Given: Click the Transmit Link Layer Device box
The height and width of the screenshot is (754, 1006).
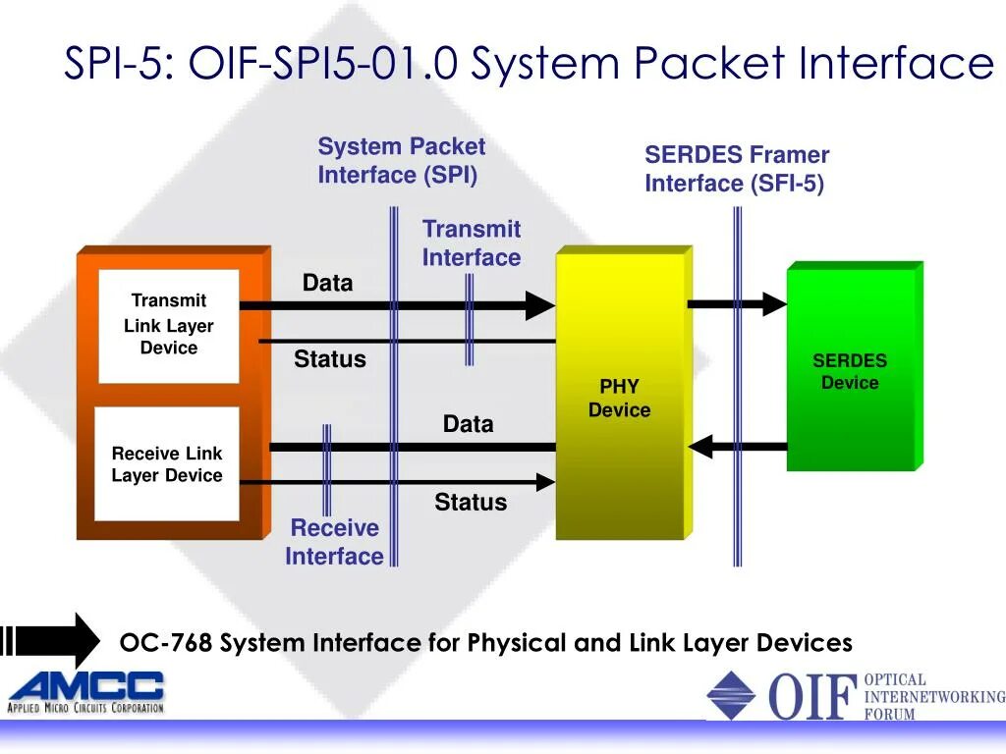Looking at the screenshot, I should (x=169, y=325).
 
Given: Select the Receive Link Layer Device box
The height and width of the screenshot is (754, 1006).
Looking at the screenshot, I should (x=167, y=464).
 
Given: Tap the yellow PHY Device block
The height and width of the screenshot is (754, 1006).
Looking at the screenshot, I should (x=620, y=397).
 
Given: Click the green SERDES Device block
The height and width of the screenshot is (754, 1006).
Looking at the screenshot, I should (x=851, y=370).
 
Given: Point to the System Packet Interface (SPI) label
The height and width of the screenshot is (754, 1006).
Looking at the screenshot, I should (x=401, y=161).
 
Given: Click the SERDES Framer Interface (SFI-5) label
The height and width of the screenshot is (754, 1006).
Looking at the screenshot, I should (x=736, y=169).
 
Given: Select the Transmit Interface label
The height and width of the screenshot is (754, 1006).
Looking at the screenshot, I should (x=472, y=243).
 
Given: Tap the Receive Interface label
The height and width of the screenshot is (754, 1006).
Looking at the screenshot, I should (x=335, y=542).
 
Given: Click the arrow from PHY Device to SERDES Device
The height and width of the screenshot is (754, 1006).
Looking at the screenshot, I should (x=737, y=304).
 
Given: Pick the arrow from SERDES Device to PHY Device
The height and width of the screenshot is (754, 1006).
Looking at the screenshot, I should (x=737, y=447).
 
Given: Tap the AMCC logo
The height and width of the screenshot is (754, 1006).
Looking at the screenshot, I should (x=86, y=691).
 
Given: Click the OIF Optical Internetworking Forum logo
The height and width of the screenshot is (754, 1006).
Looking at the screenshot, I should (x=855, y=695).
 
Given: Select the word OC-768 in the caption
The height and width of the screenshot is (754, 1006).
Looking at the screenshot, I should (x=165, y=643).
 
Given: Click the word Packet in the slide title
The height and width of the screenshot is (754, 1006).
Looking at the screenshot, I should (x=709, y=64).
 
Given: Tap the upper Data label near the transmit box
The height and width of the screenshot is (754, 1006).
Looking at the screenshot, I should (x=327, y=283).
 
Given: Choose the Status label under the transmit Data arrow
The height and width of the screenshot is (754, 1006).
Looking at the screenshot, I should (x=330, y=359).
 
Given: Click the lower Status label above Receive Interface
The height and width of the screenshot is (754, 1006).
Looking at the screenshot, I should (x=471, y=503).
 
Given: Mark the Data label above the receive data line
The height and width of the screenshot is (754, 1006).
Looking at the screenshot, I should (x=468, y=424).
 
